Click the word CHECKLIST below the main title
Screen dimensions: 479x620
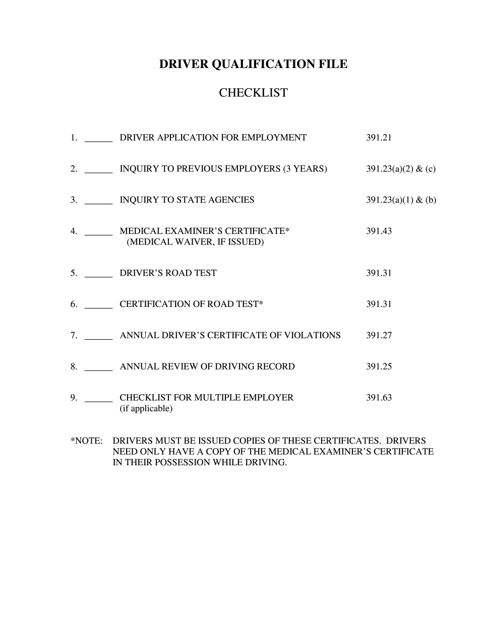[253, 93]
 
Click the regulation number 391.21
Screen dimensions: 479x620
[379, 138]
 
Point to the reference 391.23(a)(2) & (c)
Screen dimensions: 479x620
[401, 169]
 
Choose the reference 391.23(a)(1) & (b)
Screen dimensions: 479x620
[401, 200]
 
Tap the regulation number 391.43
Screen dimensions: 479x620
[379, 231]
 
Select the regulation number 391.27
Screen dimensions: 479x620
[379, 335]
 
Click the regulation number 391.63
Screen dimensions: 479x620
[379, 397]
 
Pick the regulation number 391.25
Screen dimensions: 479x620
[379, 366]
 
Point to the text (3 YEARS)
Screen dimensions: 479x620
[305, 169]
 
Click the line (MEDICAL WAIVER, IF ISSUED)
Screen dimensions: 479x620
[195, 242]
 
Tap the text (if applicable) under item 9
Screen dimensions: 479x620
[146, 409]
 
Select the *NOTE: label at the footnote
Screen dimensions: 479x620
[86, 441]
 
